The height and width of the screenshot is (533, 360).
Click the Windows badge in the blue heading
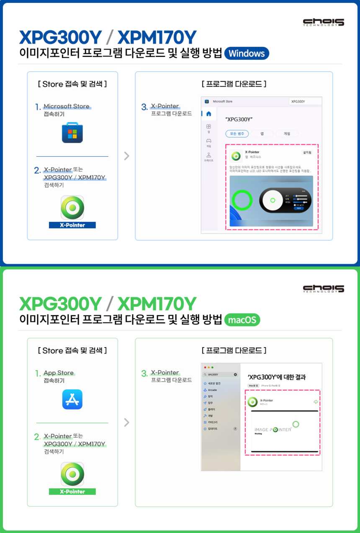[x=247, y=54]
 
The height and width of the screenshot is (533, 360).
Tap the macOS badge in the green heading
[x=242, y=320]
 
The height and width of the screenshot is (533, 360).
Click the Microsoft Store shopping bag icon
[x=72, y=132]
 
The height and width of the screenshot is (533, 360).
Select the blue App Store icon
[x=72, y=399]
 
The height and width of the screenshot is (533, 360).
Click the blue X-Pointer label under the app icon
[x=72, y=225]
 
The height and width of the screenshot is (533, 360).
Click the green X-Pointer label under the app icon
[x=72, y=492]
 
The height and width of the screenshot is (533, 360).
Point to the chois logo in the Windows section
[x=324, y=22]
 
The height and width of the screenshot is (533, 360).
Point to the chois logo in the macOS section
[x=324, y=288]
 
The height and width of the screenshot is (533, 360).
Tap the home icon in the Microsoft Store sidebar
[x=208, y=113]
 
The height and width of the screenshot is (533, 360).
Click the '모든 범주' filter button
[x=237, y=134]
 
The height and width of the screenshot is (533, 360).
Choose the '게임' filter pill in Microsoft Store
[x=287, y=134]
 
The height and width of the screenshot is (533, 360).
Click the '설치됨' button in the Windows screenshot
[x=307, y=153]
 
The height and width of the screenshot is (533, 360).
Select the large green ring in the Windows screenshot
[x=242, y=200]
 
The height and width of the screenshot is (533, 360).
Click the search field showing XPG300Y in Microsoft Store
[x=305, y=101]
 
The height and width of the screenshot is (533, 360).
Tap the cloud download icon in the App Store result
[x=315, y=402]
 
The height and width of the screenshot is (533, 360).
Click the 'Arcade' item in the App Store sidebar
[x=212, y=390]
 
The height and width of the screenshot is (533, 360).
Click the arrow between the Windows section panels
[x=126, y=156]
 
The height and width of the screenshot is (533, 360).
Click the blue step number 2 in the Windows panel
[x=38, y=170]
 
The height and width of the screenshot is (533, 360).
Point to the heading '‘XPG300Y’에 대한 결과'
[x=277, y=377]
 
